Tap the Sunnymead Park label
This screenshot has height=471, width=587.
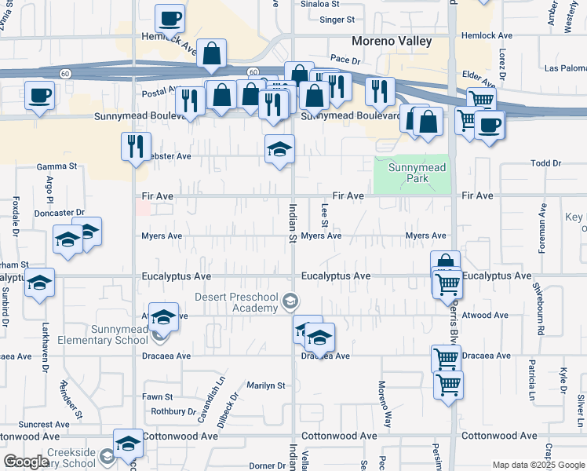point(411,173)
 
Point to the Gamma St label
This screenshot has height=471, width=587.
point(57,167)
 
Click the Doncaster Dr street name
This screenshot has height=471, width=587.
point(59,213)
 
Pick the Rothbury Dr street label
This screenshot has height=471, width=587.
point(173,411)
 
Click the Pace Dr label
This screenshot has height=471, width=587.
point(345,59)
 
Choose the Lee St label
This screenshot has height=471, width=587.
point(324,211)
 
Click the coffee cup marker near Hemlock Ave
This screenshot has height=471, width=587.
point(170,18)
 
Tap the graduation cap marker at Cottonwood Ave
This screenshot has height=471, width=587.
point(128,444)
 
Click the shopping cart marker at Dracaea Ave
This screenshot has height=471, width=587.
point(446,359)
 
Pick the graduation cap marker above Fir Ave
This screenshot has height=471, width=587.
point(279,148)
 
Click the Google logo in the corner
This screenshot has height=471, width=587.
point(26,462)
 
